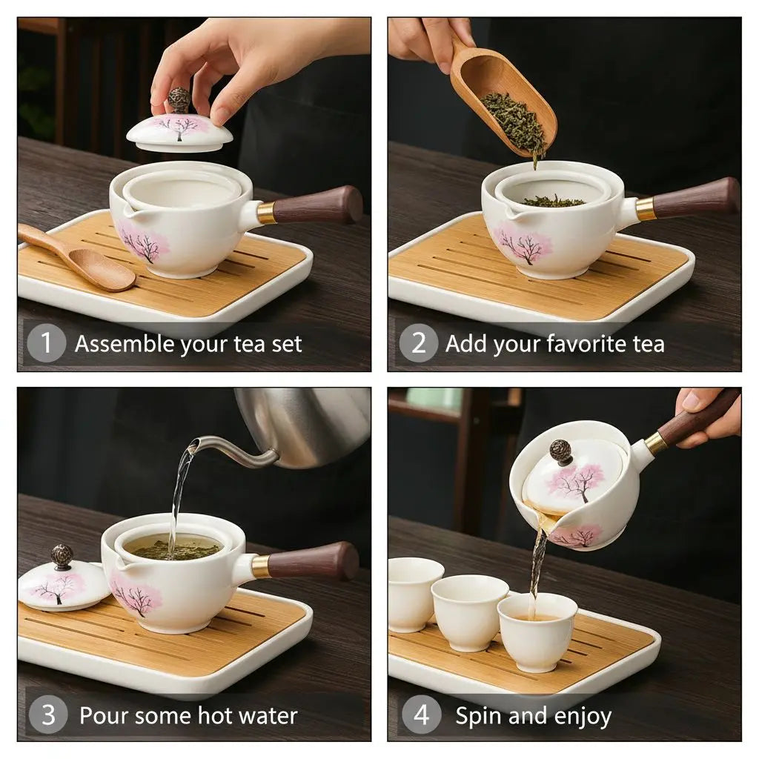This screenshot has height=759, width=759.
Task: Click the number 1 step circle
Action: pyautogui.click(x=47, y=344)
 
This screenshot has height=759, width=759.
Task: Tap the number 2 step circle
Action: pyautogui.click(x=419, y=344)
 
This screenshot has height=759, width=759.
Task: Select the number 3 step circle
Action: pyautogui.click(x=48, y=715)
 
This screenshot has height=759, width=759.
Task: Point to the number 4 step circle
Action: pyautogui.click(x=421, y=715)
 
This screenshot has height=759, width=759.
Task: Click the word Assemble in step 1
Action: pyautogui.click(x=120, y=345)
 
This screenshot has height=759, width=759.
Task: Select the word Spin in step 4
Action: pyautogui.click(x=478, y=716)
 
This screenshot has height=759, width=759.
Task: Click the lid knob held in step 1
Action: pyautogui.click(x=179, y=100)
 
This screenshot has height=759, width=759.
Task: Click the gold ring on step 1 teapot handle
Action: pyautogui.click(x=266, y=213)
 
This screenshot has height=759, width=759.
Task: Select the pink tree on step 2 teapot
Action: pyautogui.click(x=526, y=245)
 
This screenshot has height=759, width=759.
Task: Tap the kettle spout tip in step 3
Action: pyautogui.click(x=193, y=445)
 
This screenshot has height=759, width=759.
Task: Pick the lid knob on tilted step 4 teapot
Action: pyautogui.click(x=561, y=451)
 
